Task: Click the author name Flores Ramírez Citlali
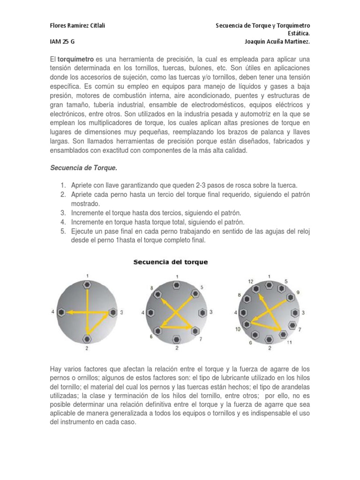77,25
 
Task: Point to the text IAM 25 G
62,41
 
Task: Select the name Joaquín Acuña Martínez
277,41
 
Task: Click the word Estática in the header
297,33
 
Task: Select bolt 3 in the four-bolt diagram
112,311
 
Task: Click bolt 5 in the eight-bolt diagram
195,294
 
